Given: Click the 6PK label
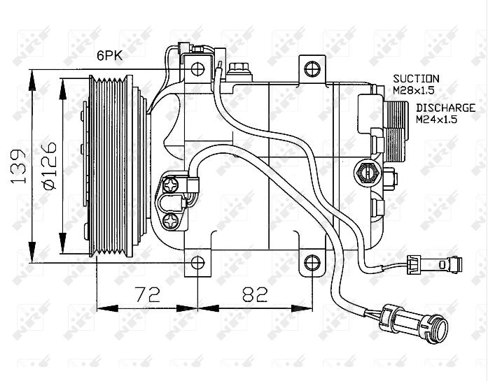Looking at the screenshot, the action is tap(109, 56).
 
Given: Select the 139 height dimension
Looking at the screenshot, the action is tap(18, 166).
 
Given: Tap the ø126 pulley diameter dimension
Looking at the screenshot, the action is tap(50, 166).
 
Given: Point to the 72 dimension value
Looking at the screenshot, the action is tap(148, 294).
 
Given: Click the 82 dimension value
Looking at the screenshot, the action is tap(255, 294).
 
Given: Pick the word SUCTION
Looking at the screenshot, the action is tap(416, 78).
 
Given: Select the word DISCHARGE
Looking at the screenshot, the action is tap(445, 108).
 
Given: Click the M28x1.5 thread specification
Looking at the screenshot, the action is tap(414, 90).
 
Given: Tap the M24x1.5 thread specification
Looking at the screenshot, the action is tap(437, 120).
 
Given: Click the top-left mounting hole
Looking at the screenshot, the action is tap(198, 69).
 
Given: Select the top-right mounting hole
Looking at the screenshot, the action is tap(312, 69).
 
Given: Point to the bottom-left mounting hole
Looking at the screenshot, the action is tap(198, 262).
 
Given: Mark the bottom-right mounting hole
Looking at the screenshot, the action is tap(312, 262).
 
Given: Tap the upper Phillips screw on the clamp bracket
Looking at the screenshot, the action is tap(171, 185).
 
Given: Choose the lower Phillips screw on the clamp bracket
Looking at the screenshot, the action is tap(171, 221).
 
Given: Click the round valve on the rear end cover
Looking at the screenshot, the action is tap(368, 173).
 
